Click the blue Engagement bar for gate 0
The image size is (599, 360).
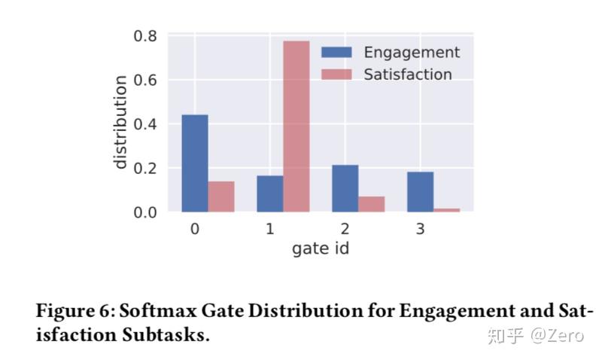[195, 163]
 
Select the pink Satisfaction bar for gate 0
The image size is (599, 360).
[221, 197]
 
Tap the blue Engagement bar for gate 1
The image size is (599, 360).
[269, 194]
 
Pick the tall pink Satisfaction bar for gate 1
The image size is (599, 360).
[296, 126]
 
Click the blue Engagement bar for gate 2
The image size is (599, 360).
[345, 188]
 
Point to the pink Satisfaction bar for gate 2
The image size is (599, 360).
[372, 204]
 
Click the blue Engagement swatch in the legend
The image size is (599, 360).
[336, 53]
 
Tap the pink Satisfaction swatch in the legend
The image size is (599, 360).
[336, 75]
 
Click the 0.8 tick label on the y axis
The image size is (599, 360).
[144, 35]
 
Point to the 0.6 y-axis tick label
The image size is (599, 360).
[144, 80]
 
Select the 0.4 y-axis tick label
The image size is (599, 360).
[144, 124]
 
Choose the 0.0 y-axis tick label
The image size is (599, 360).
[144, 212]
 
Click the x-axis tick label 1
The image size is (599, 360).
[270, 229]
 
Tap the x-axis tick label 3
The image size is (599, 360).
[420, 229]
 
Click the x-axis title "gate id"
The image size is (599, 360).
[321, 249]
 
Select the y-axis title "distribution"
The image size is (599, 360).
[120, 124]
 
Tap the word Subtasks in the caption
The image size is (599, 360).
[165, 335]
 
